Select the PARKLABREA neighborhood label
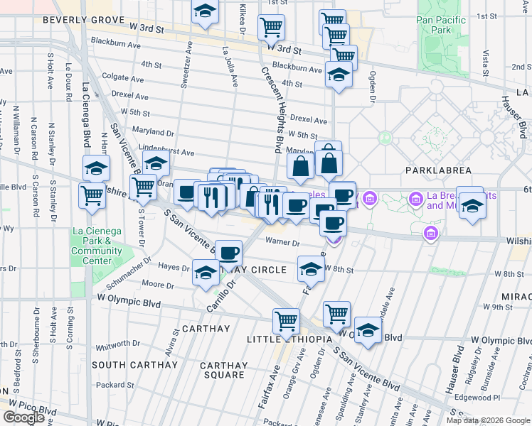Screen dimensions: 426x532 point(438,170)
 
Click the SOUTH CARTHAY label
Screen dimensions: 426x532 point(134,365)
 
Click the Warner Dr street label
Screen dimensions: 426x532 point(282,243)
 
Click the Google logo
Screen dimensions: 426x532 point(24,417)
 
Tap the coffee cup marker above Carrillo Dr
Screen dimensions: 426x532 point(228,252)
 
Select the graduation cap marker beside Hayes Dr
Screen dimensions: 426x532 point(206,272)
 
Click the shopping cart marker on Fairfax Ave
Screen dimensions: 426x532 point(286,320)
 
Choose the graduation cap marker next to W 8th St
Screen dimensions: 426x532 point(310,269)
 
